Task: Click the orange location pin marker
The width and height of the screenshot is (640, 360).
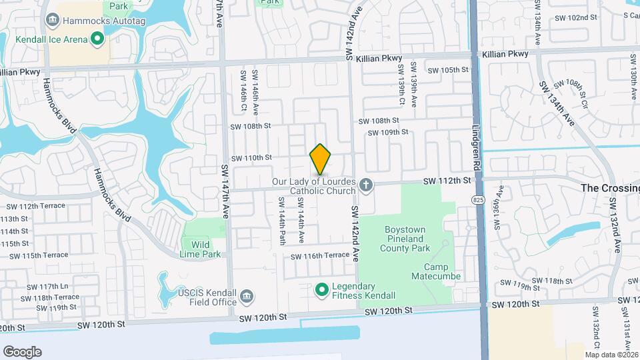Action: click(x=321, y=159)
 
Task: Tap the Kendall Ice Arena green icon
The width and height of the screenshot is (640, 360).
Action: click(x=97, y=39)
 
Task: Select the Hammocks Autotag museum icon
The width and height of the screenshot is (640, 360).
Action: click(x=52, y=21)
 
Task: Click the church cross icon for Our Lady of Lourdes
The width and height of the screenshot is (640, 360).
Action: click(x=365, y=184)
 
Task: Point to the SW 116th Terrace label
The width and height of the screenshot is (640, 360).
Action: click(x=319, y=256)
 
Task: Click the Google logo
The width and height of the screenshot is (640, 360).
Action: click(x=22, y=351)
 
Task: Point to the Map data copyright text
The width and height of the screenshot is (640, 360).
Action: click(x=611, y=355)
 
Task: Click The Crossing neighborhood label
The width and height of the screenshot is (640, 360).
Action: click(x=609, y=188)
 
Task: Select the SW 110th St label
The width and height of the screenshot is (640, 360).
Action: click(x=251, y=158)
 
